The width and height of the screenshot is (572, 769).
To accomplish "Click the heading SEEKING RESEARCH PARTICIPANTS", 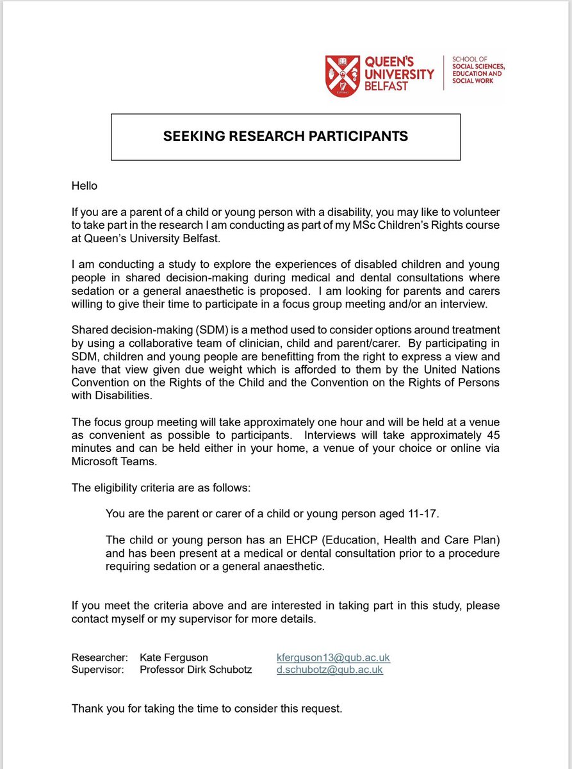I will coord(286,136).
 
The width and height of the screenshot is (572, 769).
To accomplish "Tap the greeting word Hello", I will coord(86,186).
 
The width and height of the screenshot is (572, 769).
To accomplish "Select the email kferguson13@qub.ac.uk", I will coord(333,657).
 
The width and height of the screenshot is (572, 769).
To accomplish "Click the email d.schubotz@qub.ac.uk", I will coord(329,670).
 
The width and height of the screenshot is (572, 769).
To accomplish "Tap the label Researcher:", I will coord(99,657).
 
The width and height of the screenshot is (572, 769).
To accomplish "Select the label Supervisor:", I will coord(99,670).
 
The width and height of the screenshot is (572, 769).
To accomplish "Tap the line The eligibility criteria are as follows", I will coord(161,488).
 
